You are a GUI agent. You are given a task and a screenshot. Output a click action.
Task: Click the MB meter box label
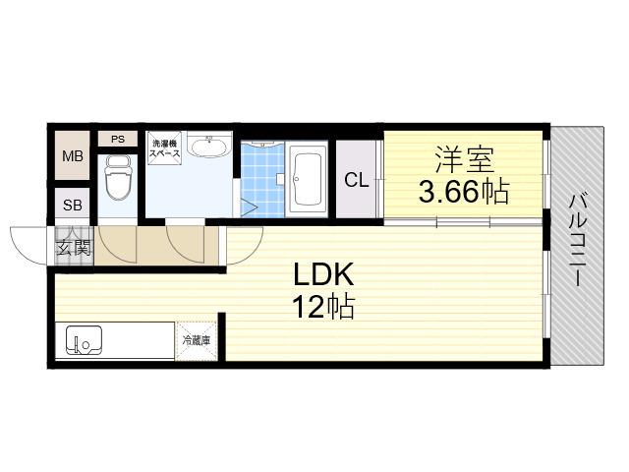pos(73,155)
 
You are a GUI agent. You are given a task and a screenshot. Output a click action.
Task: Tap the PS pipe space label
pos(118,140)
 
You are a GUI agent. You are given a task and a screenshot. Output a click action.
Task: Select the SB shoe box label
pos(72,206)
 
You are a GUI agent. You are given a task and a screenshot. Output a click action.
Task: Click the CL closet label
pos(356,180)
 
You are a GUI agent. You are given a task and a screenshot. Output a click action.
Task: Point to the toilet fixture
pos(118,177)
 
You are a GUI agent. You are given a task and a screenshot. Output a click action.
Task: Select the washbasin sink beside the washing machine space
pos(209,147)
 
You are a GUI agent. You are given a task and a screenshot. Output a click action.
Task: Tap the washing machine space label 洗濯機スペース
pos(165,148)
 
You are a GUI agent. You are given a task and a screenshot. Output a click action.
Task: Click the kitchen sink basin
pos(84,340)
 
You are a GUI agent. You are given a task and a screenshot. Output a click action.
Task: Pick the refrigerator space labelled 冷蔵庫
pos(197,341)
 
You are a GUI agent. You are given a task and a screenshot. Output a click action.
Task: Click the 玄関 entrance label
pos(73,247)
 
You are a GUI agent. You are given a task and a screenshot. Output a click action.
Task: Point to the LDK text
pos(323,274)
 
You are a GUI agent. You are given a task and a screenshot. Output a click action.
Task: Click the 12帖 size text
pos(323,307)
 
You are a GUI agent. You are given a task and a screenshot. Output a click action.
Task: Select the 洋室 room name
pos(464,160)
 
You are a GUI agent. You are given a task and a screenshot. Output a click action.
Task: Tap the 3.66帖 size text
pos(464,192)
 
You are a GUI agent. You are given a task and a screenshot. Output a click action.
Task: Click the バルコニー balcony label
pos(578,240)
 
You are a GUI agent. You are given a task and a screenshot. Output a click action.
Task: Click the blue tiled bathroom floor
pos(262,180)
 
